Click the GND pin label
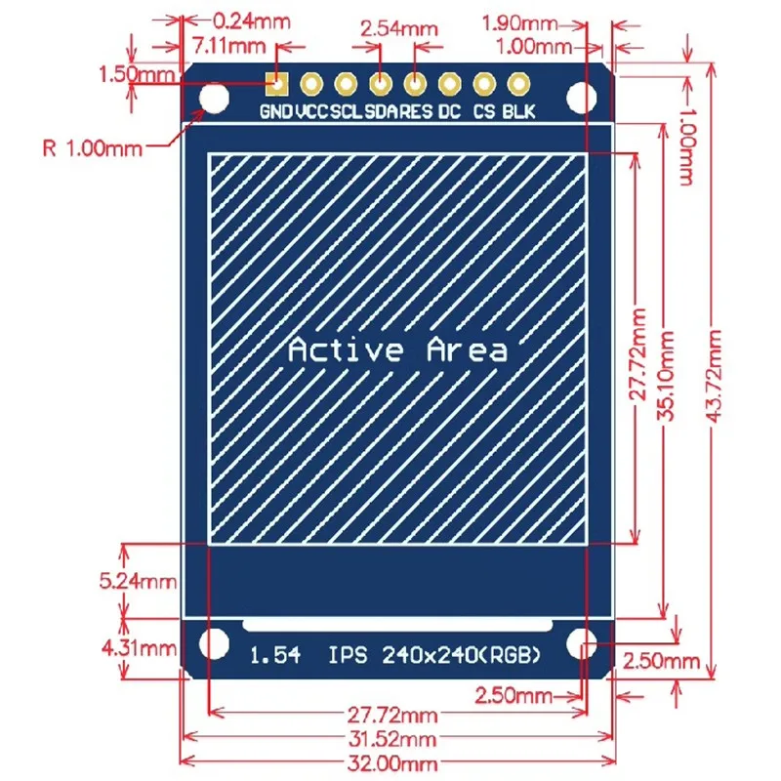pyautogui.click(x=274, y=111)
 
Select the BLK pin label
pyautogui.click(x=518, y=111)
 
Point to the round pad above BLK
pyautogui.click(x=518, y=84)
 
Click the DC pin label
pyautogui.click(x=449, y=111)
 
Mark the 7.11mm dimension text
pyautogui.click(x=229, y=45)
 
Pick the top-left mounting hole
pyautogui.click(x=213, y=97)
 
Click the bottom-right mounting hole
pyautogui.click(x=583, y=643)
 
